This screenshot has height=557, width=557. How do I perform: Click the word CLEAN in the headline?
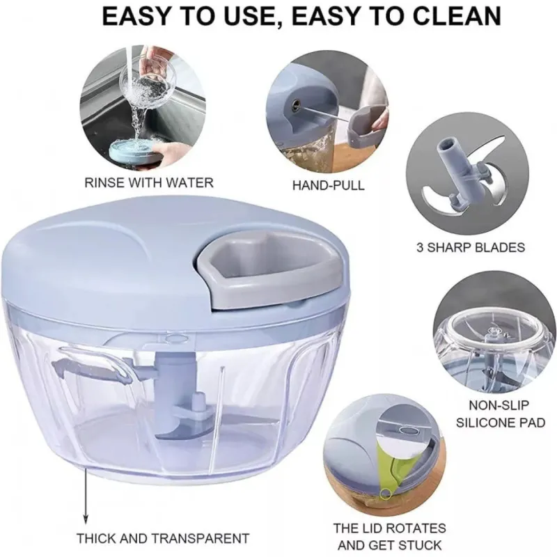[446, 15]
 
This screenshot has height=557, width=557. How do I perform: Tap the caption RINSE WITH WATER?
[149, 182]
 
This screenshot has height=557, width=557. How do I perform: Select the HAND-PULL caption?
[328, 185]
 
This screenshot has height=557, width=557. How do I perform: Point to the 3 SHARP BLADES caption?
[471, 247]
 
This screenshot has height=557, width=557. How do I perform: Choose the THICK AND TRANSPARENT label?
[163, 538]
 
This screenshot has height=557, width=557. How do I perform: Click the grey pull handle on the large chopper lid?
[267, 274]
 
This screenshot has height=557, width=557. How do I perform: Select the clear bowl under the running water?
[148, 74]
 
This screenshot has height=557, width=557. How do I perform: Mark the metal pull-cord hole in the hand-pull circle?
[295, 104]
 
